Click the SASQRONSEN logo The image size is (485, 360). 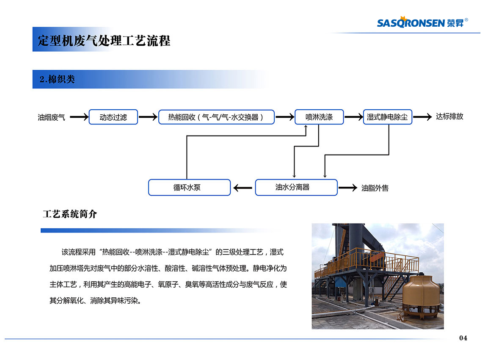[422, 22]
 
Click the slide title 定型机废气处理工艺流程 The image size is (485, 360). [104, 41]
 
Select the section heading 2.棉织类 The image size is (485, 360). [57, 79]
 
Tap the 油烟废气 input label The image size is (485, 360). [51, 117]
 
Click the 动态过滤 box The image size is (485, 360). [113, 117]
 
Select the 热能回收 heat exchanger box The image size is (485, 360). [216, 117]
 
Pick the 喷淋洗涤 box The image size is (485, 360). [319, 117]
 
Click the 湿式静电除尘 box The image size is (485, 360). [388, 117]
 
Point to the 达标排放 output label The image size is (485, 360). [449, 116]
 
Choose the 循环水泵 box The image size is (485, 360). [189, 187]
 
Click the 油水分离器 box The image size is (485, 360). [296, 187]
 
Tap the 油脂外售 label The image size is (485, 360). [375, 188]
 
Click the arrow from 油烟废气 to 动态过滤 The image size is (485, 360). [79, 117]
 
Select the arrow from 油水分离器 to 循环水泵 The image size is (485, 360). [242, 188]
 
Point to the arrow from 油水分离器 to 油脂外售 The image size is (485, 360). [348, 188]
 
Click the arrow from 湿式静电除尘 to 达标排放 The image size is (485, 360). [422, 117]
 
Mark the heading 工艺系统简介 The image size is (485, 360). [70, 214]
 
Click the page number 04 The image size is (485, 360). [463, 338]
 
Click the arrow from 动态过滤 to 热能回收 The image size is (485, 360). [148, 117]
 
